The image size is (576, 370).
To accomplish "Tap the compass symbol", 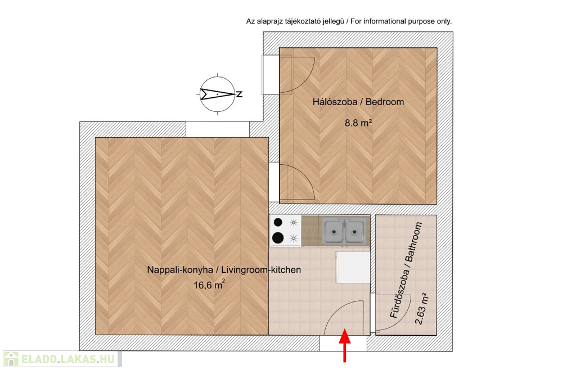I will (217, 94).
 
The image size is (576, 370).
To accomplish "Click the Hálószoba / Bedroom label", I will (358, 102).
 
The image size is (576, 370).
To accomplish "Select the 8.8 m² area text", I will (358, 121).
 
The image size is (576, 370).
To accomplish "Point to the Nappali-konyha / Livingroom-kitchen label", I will (224, 270).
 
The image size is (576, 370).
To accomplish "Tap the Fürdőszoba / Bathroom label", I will (406, 276).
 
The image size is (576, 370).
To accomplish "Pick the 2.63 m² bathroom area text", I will (421, 309).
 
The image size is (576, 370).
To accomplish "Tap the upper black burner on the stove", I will (278, 223).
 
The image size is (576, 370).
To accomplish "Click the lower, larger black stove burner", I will (278, 238).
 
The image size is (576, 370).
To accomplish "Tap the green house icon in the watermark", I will (11, 358).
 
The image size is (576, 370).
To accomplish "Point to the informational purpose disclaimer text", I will (349, 21).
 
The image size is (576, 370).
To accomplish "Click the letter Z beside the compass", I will (239, 94).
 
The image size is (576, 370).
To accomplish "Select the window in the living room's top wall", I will (217, 129).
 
